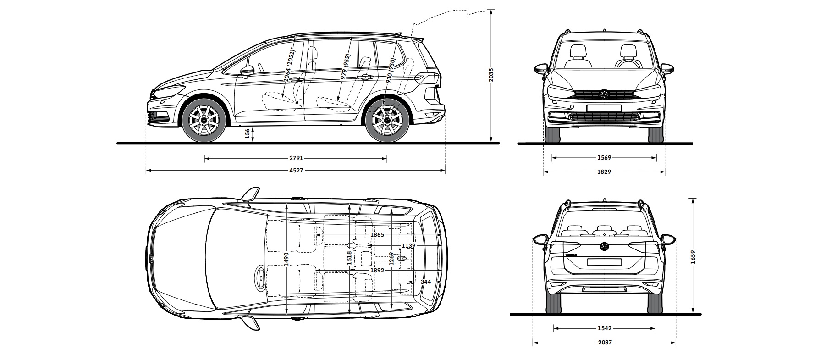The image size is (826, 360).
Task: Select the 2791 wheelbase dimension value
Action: (296, 159)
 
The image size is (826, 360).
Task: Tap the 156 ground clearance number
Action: (248, 133)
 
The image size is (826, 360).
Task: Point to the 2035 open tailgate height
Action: (490, 75)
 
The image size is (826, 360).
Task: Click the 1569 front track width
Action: (604, 158)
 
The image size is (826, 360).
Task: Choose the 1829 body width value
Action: (604, 172)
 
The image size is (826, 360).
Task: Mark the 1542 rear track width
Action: (605, 328)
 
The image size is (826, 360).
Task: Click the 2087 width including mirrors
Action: (605, 343)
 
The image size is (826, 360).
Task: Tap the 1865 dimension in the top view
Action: (377, 235)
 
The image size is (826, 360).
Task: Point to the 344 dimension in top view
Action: (425, 282)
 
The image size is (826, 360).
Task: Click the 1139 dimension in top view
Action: (408, 246)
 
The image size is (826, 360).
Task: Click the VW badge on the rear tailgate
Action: (604, 247)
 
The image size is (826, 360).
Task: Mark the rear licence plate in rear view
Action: (604, 262)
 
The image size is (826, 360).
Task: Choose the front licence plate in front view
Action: (604, 108)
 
